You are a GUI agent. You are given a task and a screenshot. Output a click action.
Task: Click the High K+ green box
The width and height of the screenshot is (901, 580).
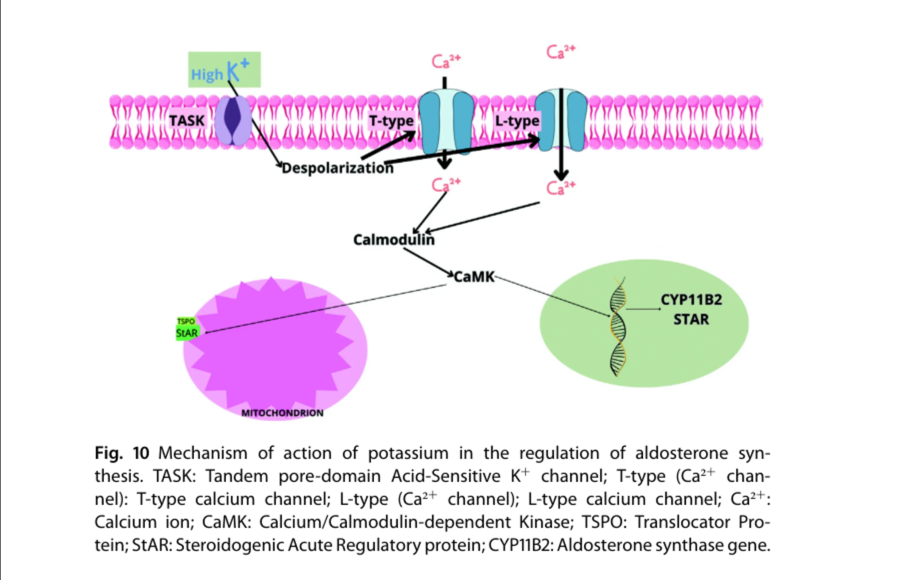point(224,70)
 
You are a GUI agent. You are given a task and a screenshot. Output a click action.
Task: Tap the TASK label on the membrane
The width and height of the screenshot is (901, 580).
point(187,121)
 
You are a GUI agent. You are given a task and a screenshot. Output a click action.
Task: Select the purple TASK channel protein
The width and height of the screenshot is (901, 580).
point(233,120)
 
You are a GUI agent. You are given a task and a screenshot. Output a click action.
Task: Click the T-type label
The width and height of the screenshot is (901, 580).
point(391,121)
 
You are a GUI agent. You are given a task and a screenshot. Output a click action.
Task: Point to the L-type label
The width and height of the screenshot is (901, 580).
point(517,121)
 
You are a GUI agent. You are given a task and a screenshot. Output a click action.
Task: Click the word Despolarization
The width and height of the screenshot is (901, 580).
point(337,168)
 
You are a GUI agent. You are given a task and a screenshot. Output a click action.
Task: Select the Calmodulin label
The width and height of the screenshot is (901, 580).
point(394,240)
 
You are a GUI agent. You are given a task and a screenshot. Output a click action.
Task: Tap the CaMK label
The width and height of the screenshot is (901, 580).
point(474,277)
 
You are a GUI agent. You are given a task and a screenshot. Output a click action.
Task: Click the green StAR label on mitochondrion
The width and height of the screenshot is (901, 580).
point(187,333)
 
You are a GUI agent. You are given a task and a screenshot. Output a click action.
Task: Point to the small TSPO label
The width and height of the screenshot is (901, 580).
point(186,321)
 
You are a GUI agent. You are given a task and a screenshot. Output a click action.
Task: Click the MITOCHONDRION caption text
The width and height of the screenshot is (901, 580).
point(282,413)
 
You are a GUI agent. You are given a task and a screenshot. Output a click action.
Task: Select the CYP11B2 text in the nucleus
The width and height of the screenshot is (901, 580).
point(691,300)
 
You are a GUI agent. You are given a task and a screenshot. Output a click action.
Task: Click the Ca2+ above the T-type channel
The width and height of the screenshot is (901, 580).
point(446,61)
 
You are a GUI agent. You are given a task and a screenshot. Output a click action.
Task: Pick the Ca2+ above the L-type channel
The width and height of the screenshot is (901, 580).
point(561,51)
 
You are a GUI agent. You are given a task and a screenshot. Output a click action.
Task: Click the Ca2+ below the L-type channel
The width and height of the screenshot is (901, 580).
point(561,187)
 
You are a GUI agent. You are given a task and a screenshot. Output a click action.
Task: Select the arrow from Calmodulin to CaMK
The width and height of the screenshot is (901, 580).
point(429,262)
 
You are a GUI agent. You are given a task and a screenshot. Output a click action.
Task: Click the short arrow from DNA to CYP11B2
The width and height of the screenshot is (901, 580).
point(643,309)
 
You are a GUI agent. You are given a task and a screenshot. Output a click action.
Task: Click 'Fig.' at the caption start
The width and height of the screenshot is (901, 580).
point(108,453)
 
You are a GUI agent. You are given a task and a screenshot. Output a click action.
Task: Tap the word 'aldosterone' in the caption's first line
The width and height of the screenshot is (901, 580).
point(681,453)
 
